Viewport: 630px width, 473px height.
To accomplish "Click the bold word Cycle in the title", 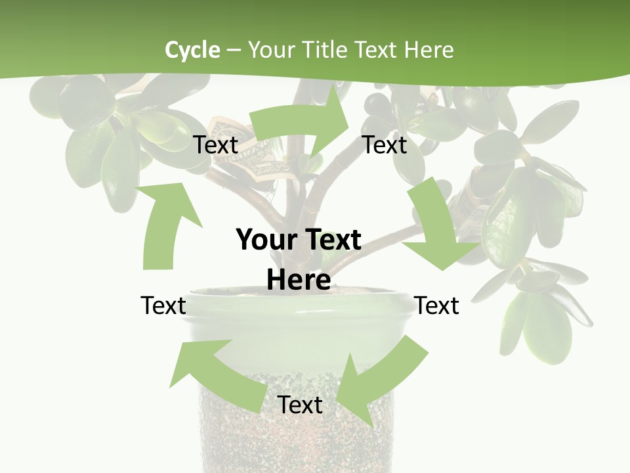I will tap(192, 50).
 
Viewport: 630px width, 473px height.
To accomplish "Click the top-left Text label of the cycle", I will tap(215, 145).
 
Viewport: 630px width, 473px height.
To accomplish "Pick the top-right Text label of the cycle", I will tap(385, 145).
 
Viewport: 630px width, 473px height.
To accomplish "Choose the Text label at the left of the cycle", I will tap(163, 305).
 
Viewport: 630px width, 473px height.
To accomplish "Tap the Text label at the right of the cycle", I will tap(436, 305).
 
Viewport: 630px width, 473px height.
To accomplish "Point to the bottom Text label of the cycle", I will tap(300, 405).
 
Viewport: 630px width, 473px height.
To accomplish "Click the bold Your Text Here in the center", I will tap(299, 259).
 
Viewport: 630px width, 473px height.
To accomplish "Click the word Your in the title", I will tap(270, 50).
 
